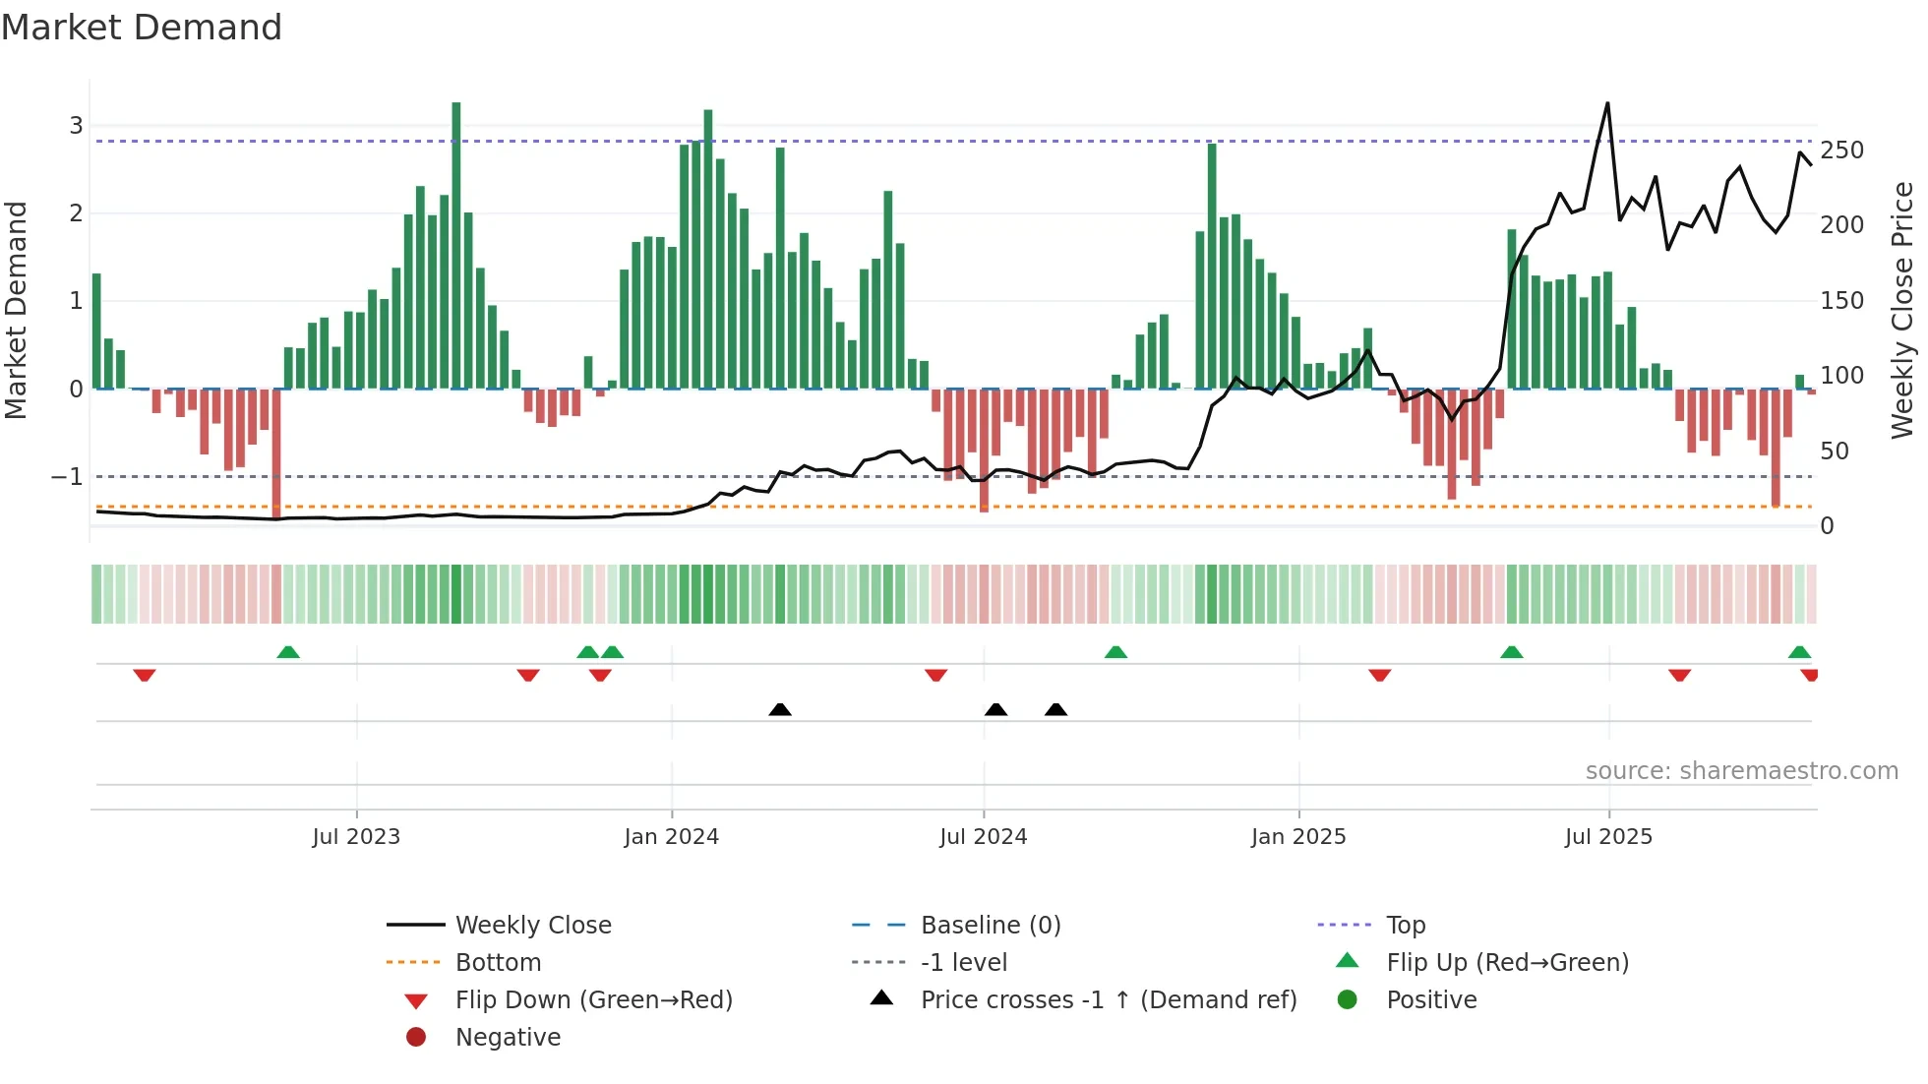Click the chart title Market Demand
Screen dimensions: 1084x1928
pyautogui.click(x=142, y=28)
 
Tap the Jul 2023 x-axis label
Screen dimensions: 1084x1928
pyautogui.click(x=356, y=837)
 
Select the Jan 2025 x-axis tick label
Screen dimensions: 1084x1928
pyautogui.click(x=1298, y=837)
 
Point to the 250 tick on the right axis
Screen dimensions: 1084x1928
pyautogui.click(x=1841, y=151)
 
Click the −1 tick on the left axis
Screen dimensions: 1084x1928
pyautogui.click(x=67, y=477)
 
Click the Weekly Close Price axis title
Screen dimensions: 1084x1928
pyautogui.click(x=1902, y=310)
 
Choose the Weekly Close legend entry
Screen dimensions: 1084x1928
pyautogui.click(x=532, y=926)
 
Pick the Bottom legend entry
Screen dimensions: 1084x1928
pyautogui.click(x=498, y=963)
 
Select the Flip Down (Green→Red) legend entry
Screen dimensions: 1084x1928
pyautogui.click(x=593, y=1000)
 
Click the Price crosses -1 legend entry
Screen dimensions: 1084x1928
pyautogui.click(x=1108, y=1000)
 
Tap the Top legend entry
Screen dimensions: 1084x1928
pyautogui.click(x=1405, y=926)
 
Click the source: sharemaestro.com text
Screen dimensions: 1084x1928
pyautogui.click(x=1741, y=771)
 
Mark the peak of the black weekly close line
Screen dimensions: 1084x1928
pyautogui.click(x=1607, y=103)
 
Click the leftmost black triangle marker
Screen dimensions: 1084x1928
pyautogui.click(x=780, y=709)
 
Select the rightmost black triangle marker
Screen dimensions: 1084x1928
pyautogui.click(x=1055, y=709)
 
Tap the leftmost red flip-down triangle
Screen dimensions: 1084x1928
pyautogui.click(x=145, y=675)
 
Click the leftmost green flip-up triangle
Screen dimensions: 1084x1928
pyautogui.click(x=288, y=652)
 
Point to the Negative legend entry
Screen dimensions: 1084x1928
pyautogui.click(x=508, y=1038)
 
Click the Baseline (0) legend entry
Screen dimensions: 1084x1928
pyautogui.click(x=990, y=926)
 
